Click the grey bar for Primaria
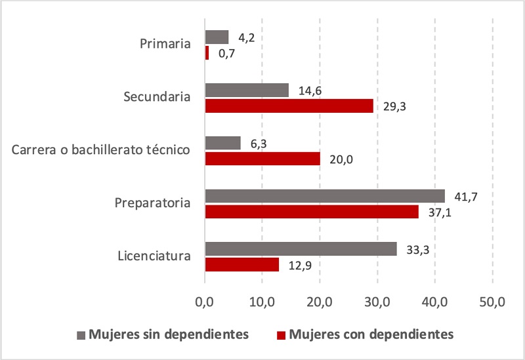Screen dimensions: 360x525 pyautogui.click(x=217, y=37)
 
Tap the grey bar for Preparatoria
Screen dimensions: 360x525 pyautogui.click(x=325, y=195)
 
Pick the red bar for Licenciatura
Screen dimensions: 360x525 pyautogui.click(x=242, y=264)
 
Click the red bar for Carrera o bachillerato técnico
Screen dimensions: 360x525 pyautogui.click(x=262, y=158)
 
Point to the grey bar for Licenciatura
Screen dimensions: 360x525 pyautogui.click(x=301, y=249)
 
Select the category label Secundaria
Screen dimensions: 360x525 pyautogui.click(x=157, y=97)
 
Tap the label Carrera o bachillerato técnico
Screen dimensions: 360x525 pyautogui.click(x=101, y=150)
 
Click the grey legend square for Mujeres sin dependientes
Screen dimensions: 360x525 pyautogui.click(x=81, y=334)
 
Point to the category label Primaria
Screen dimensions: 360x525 pyautogui.click(x=165, y=45)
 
